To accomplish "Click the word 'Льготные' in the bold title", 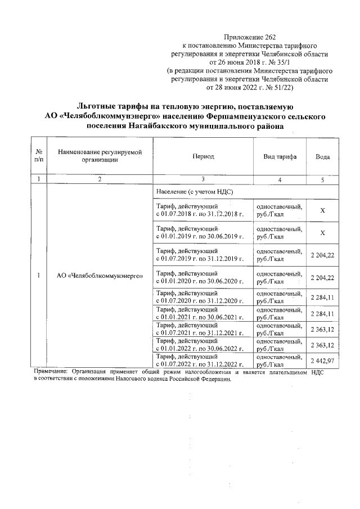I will pyautogui.click(x=101, y=106).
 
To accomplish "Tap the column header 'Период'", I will pyautogui.click(x=202, y=156).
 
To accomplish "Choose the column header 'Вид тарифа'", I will pyautogui.click(x=280, y=156).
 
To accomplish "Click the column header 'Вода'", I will pyautogui.click(x=322, y=156).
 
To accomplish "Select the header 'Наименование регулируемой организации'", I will pyautogui.click(x=100, y=156).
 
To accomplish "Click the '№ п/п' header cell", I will pyautogui.click(x=39, y=156).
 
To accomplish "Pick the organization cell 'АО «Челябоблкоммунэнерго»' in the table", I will pyautogui.click(x=100, y=276).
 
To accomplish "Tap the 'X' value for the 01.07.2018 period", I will pyautogui.click(x=322, y=210).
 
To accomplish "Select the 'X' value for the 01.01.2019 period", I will pyautogui.click(x=322, y=233).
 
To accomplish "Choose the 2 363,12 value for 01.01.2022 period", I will pyautogui.click(x=322, y=345).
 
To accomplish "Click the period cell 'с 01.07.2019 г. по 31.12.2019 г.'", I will pyautogui.click(x=200, y=259).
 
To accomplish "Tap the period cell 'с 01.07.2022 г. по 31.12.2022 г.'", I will pyautogui.click(x=200, y=364).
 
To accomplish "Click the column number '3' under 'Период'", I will pyautogui.click(x=202, y=179).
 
